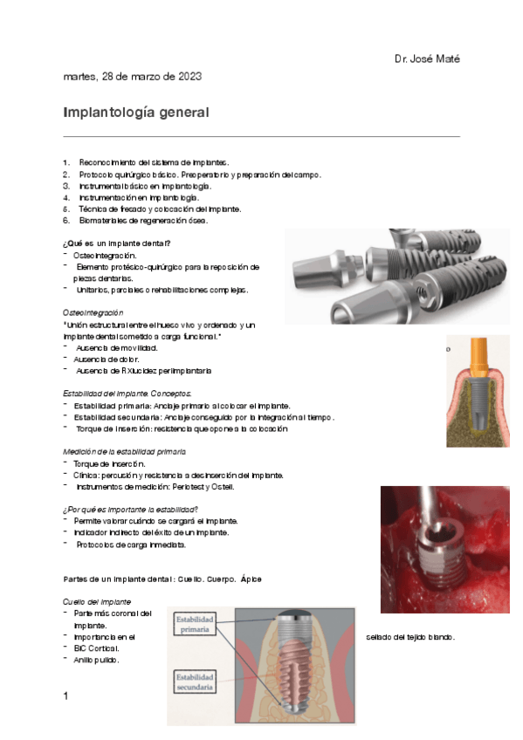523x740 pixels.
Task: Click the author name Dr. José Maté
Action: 426,58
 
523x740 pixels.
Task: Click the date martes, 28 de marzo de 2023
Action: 132,77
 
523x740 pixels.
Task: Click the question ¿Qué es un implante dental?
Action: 117,243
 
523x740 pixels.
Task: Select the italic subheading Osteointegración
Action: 93,312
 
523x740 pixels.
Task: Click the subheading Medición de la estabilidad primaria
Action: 124,452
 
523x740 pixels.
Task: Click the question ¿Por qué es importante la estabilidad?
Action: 131,510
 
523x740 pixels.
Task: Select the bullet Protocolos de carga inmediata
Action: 130,545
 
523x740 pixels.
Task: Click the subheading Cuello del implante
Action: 97,602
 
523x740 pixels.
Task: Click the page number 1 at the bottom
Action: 65,695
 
